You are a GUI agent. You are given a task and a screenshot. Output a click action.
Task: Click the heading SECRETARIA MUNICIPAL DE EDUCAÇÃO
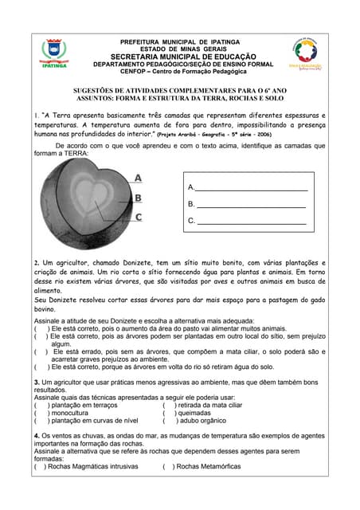coord(183,57)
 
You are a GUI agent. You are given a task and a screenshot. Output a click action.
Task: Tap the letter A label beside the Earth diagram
coord(138,178)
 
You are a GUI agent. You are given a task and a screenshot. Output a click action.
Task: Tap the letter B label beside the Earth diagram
coord(138,198)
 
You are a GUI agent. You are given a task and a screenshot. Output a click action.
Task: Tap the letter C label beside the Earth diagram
coord(138,217)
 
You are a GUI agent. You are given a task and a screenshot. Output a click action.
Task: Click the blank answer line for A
coord(252,188)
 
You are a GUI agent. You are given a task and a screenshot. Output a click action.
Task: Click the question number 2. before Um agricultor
coord(37,262)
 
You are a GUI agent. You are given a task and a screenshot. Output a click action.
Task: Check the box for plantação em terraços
coord(39,405)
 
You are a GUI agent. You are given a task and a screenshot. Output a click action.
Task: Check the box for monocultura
coord(39,413)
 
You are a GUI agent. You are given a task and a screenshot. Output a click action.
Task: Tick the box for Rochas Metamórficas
coord(167,467)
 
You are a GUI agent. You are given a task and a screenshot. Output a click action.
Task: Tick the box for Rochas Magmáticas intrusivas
coord(39,467)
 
